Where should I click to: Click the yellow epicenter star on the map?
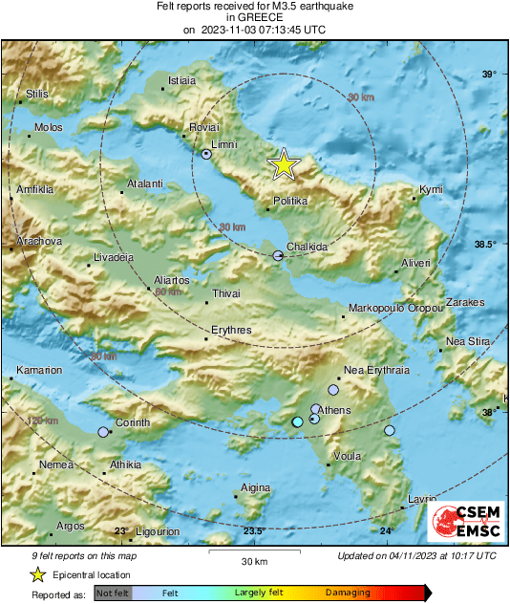284,165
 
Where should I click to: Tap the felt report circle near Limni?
207,154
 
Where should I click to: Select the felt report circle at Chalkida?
278,255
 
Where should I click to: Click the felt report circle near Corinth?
103,432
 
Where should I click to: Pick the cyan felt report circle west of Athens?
297,421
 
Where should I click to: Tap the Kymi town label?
432,190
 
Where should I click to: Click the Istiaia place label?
181,81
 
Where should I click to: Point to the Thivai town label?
226,293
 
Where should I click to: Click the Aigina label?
256,487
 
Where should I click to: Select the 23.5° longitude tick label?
252,530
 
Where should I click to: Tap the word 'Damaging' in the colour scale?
348,593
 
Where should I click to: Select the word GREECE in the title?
254,17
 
